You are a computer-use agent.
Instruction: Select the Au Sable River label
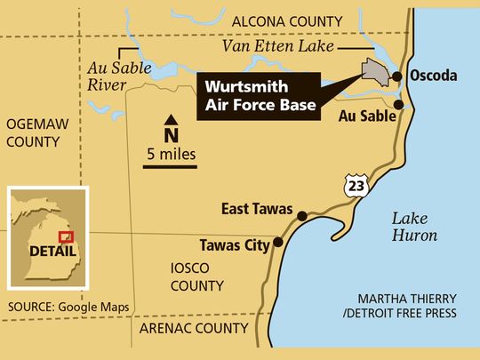(x=114, y=76)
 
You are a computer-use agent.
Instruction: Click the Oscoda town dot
(x=397, y=76)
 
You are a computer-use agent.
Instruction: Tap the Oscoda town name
(x=433, y=76)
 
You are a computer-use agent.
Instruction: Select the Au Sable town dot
(x=397, y=104)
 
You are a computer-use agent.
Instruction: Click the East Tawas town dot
(x=302, y=216)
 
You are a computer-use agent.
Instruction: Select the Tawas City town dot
(x=278, y=242)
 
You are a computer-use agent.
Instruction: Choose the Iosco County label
(x=197, y=276)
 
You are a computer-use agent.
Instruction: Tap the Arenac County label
(x=192, y=328)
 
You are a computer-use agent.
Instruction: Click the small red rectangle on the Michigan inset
(x=64, y=237)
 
